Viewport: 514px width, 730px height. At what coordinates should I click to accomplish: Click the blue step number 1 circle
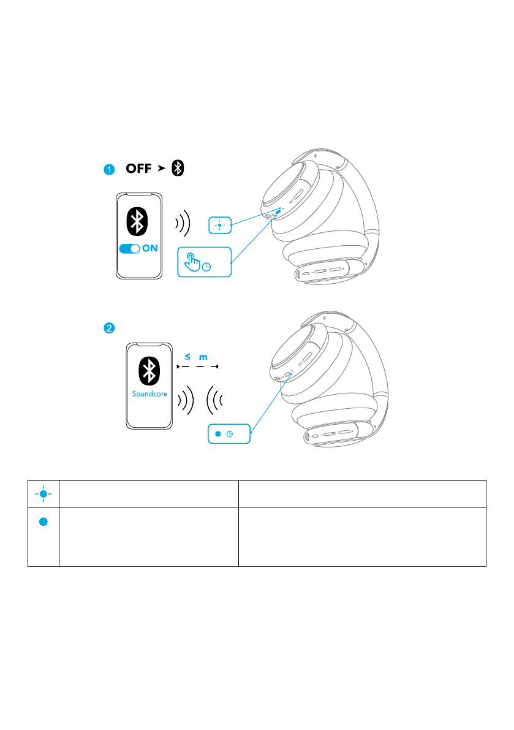pyautogui.click(x=108, y=170)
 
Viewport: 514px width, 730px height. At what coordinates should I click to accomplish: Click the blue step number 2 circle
pyautogui.click(x=108, y=328)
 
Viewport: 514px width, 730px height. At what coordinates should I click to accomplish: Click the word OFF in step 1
pyautogui.click(x=138, y=169)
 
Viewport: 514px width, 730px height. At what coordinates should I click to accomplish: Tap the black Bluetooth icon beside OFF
pyautogui.click(x=178, y=169)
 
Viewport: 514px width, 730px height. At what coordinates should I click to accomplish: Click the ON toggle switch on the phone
pyautogui.click(x=130, y=249)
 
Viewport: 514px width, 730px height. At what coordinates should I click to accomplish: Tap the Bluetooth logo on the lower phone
pyautogui.click(x=147, y=371)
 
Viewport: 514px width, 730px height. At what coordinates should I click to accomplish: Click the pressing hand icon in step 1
pyautogui.click(x=192, y=262)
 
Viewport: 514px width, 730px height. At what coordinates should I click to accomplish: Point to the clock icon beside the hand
pyautogui.click(x=207, y=267)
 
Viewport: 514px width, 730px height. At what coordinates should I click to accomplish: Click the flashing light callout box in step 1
pyautogui.click(x=219, y=226)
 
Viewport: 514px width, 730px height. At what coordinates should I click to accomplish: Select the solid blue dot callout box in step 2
pyautogui.click(x=229, y=434)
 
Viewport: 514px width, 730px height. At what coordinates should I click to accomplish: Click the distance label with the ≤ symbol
pyautogui.click(x=196, y=356)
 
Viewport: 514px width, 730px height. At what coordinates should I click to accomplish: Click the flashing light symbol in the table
pyautogui.click(x=43, y=494)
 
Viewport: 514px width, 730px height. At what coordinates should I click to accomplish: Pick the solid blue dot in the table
pyautogui.click(x=43, y=522)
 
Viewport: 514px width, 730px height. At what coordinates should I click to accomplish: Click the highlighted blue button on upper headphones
pyautogui.click(x=278, y=213)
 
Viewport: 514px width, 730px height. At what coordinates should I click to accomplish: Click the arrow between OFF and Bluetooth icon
pyautogui.click(x=161, y=169)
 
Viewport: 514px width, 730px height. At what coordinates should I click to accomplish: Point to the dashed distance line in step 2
pyautogui.click(x=197, y=367)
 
